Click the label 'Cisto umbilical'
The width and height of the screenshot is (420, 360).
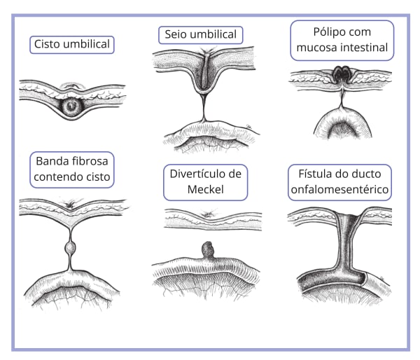coord(73,45)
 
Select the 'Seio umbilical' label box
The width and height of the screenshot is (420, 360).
coord(200,35)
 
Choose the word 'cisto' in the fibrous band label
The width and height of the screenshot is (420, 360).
coord(97,176)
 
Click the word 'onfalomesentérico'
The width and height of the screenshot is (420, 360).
coord(340,189)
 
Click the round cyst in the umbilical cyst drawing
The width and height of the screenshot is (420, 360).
coord(71,106)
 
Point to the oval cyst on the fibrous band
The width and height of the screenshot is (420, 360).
coord(70,248)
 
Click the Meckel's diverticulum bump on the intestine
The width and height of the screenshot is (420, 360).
coord(206,249)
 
